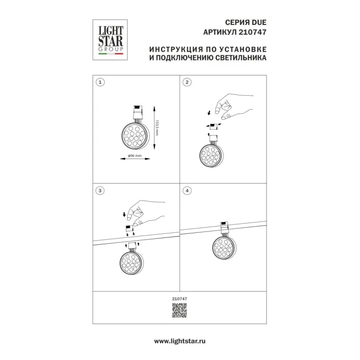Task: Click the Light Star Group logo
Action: point(110,40)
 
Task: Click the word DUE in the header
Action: point(259,23)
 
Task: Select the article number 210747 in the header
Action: point(253,32)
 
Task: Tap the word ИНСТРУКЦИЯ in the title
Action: point(176,49)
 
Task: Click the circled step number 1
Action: point(100,82)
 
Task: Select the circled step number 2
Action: point(187,82)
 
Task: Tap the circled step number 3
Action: point(100,191)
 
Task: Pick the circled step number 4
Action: point(187,191)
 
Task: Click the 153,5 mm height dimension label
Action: point(157,128)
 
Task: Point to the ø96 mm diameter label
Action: point(135,156)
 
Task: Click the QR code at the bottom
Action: point(180,310)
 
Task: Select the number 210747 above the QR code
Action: point(180,299)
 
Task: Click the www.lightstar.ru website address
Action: point(180,341)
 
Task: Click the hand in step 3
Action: point(146,213)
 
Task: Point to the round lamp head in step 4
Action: point(223,247)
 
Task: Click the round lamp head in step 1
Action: point(135,136)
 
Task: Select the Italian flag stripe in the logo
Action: point(111,54)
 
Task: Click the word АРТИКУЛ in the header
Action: point(220,32)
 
